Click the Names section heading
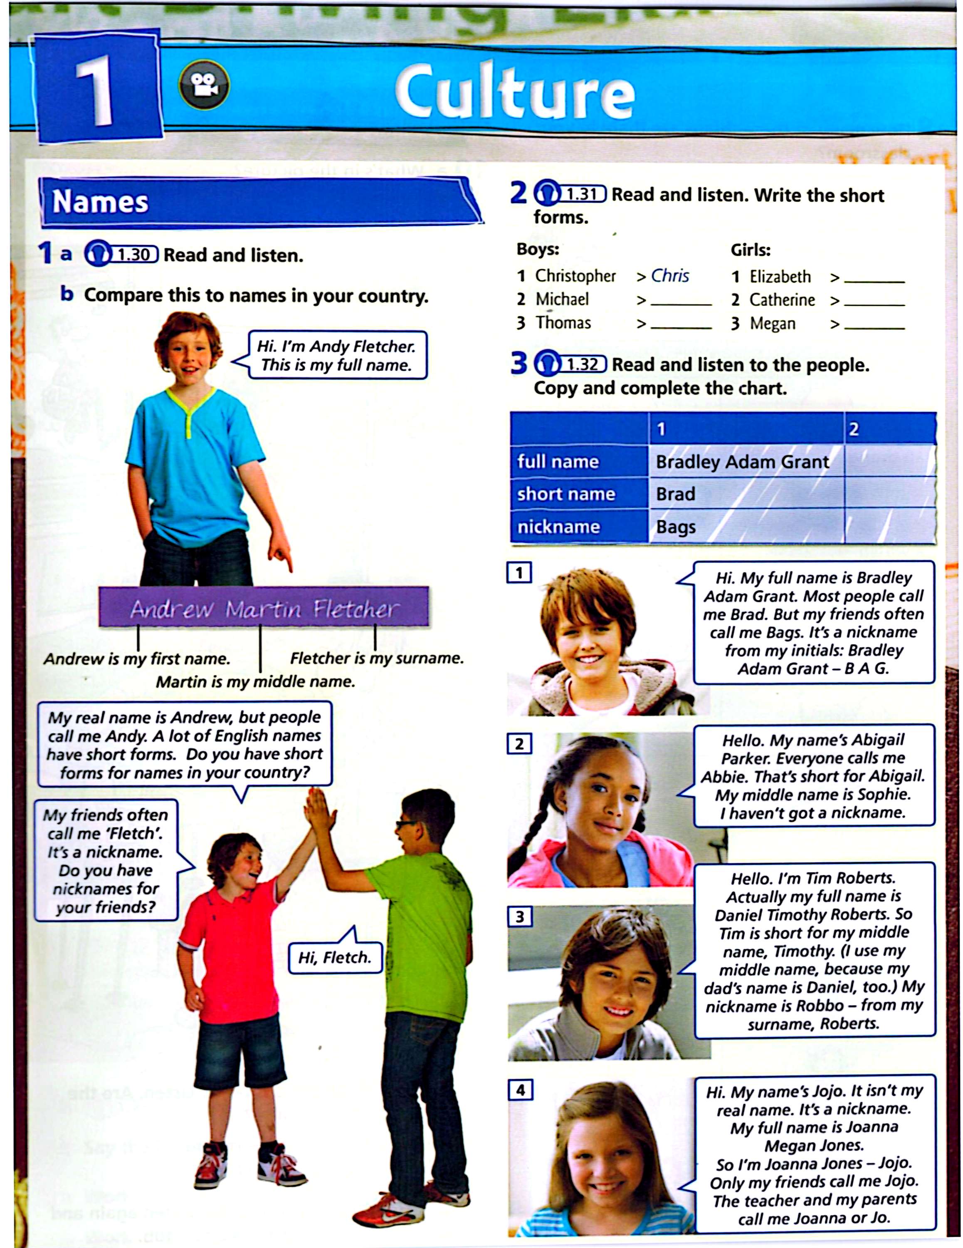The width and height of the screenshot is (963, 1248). pos(101,202)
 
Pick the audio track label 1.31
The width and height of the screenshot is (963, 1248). pos(581,194)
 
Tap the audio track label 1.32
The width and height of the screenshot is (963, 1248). pos(581,364)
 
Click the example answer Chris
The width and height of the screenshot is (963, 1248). pos(670,276)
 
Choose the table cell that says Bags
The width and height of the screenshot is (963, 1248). pos(676,527)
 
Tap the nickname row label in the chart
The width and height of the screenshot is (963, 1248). pos(558,527)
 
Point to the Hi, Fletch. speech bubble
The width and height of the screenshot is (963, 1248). pos(335,957)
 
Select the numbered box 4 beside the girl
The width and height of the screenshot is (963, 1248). pos(520,1090)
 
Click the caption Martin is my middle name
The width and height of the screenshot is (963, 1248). pos(255,682)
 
